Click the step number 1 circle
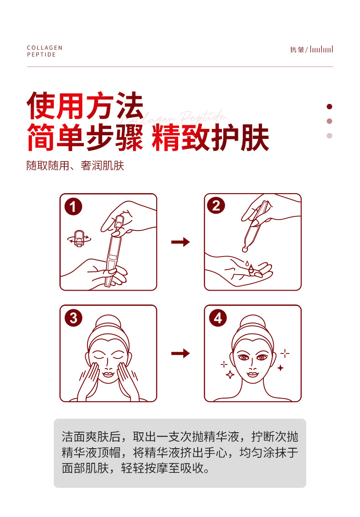(73, 207)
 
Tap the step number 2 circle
(216, 206)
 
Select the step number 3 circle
(73, 318)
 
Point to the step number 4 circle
(218, 318)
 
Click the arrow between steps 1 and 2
(180, 242)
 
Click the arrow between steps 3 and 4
(180, 353)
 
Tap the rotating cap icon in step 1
(79, 238)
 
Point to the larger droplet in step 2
(251, 269)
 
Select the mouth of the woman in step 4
(253, 374)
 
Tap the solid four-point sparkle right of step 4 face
(280, 368)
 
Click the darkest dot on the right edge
(329, 107)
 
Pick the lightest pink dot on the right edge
(329, 136)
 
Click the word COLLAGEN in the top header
(45, 48)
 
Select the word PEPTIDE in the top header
(41, 55)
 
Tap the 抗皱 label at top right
(297, 50)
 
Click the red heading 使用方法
(85, 106)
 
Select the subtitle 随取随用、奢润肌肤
(75, 165)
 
